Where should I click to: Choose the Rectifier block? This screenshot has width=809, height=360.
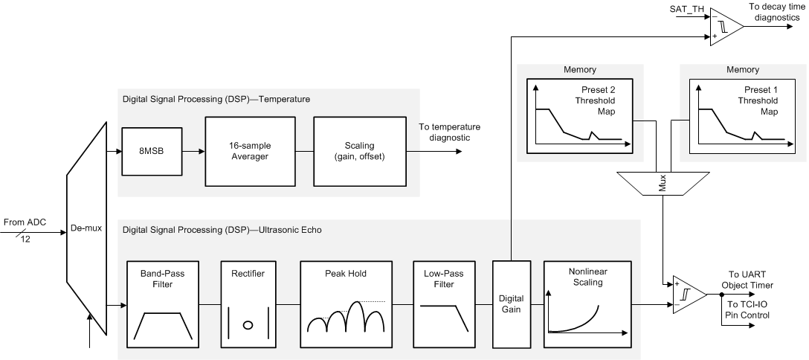click(x=248, y=303)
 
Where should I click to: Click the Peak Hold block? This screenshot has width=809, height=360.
click(x=345, y=303)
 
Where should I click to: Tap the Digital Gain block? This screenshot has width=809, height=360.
click(x=511, y=303)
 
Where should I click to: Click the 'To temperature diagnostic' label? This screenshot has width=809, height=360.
click(x=450, y=131)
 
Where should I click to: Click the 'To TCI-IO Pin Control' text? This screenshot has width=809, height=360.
click(x=747, y=310)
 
